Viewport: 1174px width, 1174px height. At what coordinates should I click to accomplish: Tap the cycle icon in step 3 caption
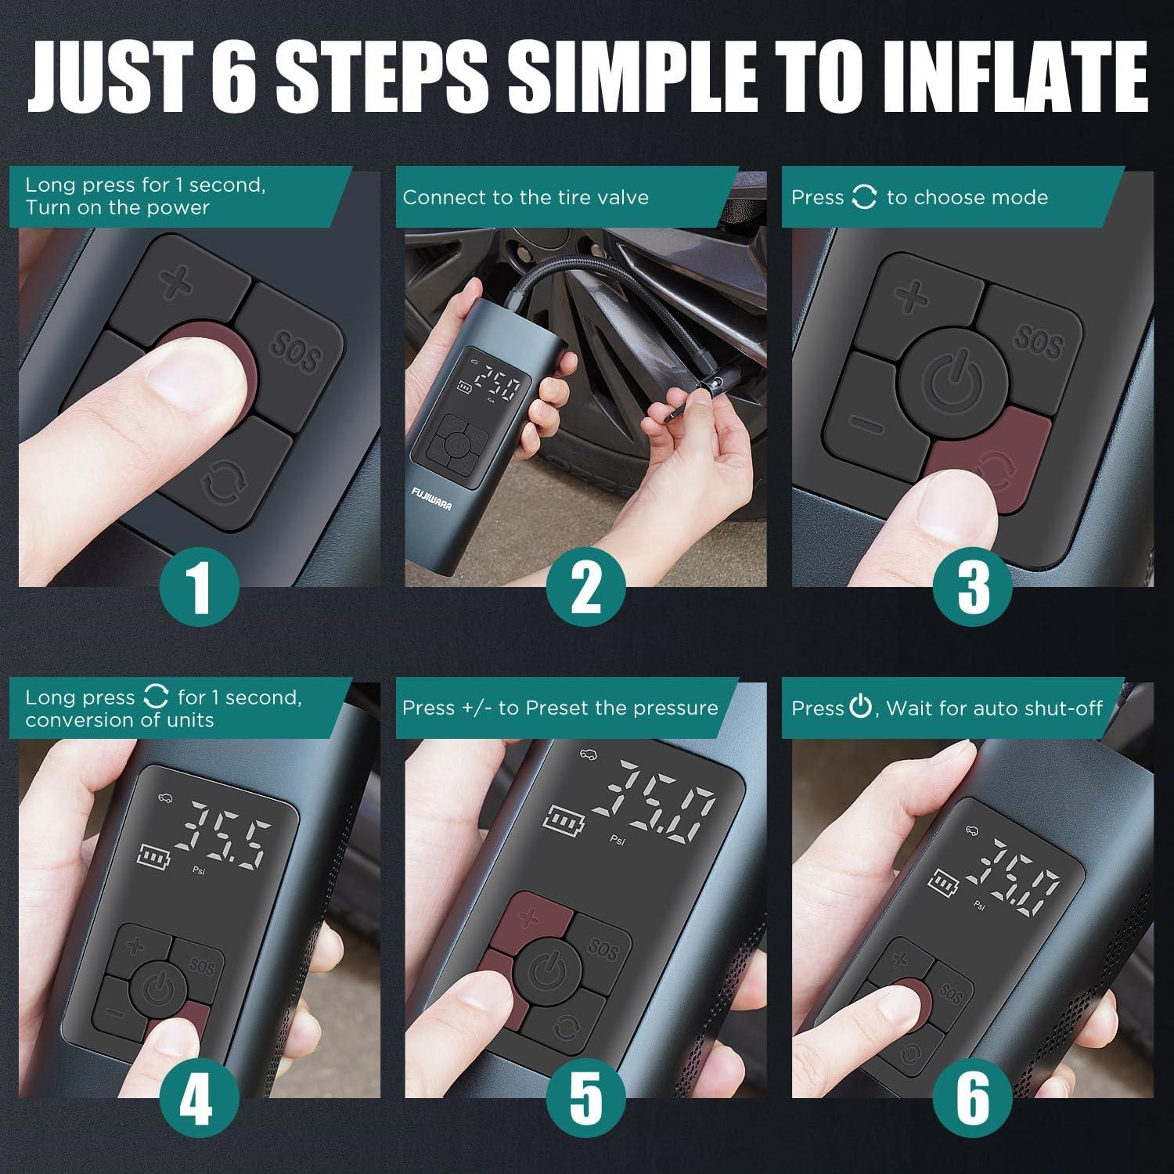click(864, 197)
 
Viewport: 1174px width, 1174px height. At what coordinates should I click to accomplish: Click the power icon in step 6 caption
click(860, 708)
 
